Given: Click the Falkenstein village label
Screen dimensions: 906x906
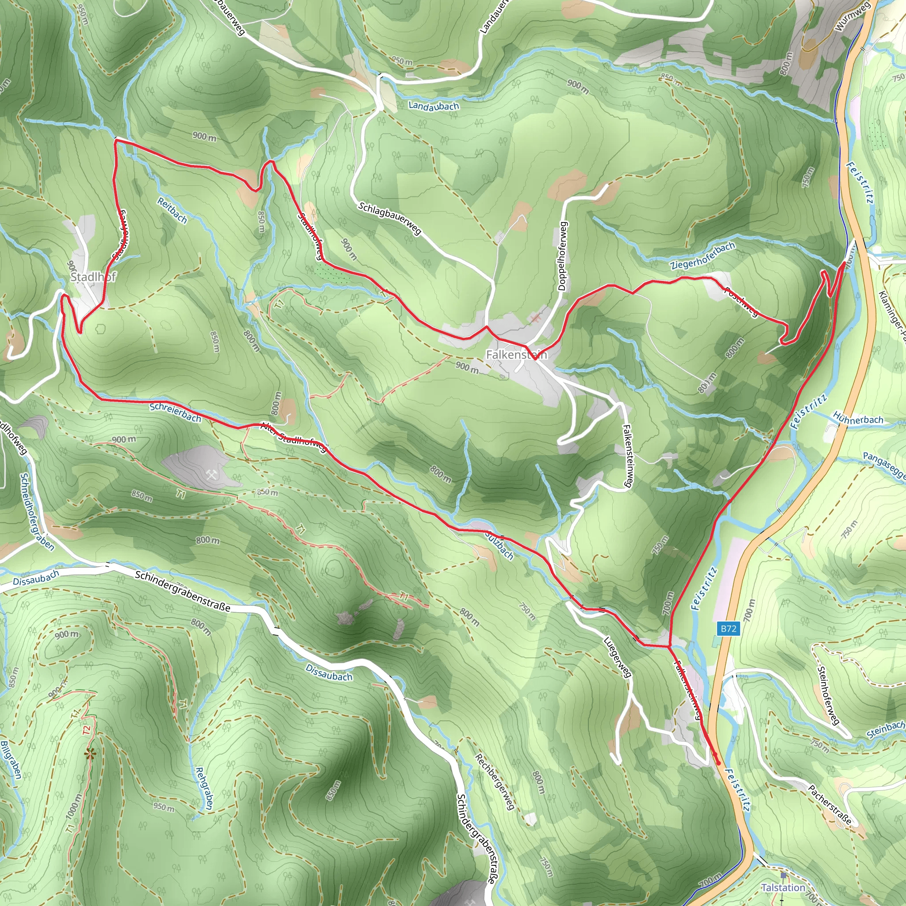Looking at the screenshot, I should pos(516,354).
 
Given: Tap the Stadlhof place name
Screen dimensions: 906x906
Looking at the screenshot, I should pos(93,276).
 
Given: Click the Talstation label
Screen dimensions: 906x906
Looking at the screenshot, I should pos(783,888).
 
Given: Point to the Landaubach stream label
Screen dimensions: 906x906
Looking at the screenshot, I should pos(433,106).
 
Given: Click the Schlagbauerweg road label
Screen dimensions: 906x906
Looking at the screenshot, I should pos(390,218).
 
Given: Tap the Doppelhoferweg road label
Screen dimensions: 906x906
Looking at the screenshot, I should pos(563,256).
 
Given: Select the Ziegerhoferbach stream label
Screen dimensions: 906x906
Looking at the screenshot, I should pos(703,256).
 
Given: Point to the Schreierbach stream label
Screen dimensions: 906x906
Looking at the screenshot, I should pos(175,412).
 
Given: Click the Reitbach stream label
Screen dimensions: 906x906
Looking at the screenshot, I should pos(172,211).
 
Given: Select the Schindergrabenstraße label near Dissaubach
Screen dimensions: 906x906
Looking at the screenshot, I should pos(182,591).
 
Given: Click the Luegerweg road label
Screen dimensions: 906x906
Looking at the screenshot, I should pos(617,657).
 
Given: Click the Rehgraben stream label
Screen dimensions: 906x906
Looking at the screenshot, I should pos(203,788).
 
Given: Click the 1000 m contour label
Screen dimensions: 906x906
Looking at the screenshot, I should pos(74,806).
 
